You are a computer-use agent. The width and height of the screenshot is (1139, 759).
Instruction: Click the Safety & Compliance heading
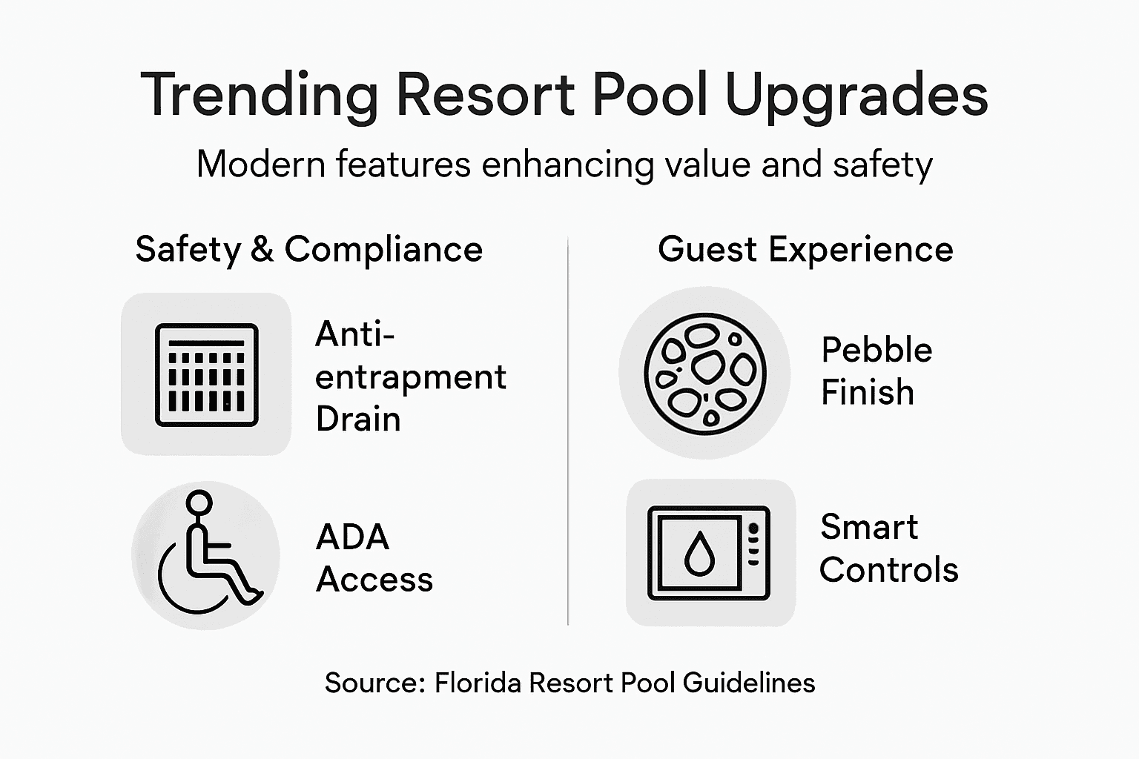308,249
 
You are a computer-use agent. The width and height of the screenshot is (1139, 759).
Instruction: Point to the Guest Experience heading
805,249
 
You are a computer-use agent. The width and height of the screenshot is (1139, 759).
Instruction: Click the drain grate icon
206,374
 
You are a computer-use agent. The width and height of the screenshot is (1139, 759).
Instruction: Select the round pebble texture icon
704,373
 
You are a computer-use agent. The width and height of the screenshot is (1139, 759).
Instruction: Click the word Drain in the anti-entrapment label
358,420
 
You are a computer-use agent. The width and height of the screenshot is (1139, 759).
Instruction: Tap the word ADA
352,537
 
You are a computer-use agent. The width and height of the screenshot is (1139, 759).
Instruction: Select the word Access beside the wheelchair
374,580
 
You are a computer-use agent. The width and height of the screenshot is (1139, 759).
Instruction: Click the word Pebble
876,351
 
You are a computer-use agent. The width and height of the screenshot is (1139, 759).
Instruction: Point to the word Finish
867,392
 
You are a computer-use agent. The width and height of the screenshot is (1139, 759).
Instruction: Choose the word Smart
869,528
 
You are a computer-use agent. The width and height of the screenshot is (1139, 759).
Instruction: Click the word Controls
888,570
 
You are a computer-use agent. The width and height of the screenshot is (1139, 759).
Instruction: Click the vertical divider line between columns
568,430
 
